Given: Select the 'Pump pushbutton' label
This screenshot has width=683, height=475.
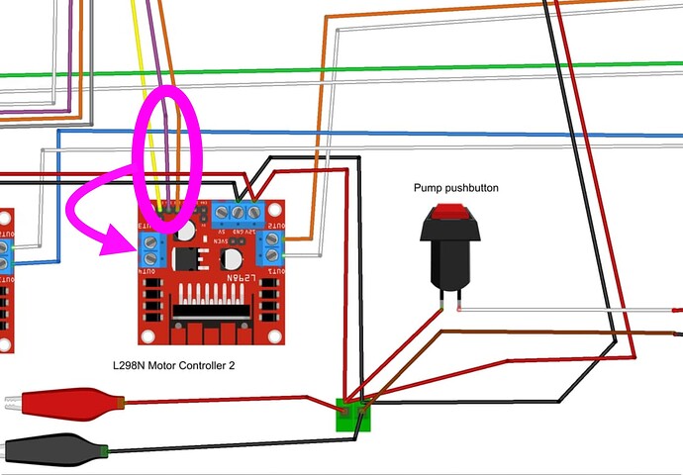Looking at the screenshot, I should pyautogui.click(x=455, y=188).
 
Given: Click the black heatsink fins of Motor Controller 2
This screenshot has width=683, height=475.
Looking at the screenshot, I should pyautogui.click(x=213, y=299).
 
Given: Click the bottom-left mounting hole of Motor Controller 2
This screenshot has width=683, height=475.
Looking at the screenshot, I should pyautogui.click(x=147, y=335).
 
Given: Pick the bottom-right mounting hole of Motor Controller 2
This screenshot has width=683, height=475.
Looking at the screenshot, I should pyautogui.click(x=280, y=335).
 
